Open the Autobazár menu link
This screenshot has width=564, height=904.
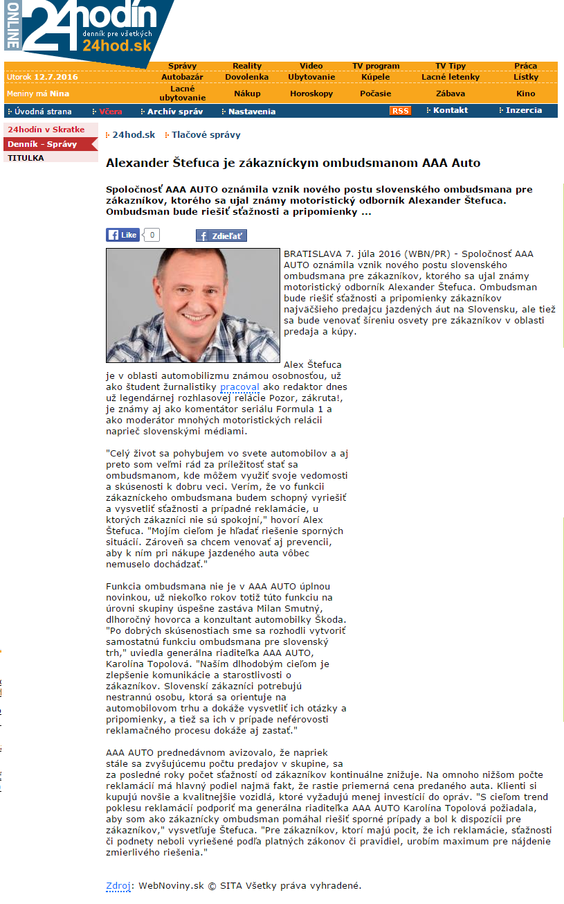click(183, 77)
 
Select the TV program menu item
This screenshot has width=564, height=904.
click(376, 67)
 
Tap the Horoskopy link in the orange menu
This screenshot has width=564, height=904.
click(311, 94)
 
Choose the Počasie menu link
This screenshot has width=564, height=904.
click(376, 94)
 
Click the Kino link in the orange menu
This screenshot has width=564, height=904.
click(526, 94)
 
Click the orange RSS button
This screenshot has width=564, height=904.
click(400, 111)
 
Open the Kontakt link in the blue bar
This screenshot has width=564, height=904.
click(451, 110)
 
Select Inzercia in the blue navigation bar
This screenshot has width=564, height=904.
click(523, 110)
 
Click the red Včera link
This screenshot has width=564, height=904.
click(111, 112)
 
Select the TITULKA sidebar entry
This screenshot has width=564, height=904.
click(26, 158)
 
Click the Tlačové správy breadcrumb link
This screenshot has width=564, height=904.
click(206, 135)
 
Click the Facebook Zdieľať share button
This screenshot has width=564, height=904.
click(221, 236)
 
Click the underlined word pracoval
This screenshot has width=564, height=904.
click(239, 387)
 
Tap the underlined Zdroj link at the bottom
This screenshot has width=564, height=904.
click(117, 885)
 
